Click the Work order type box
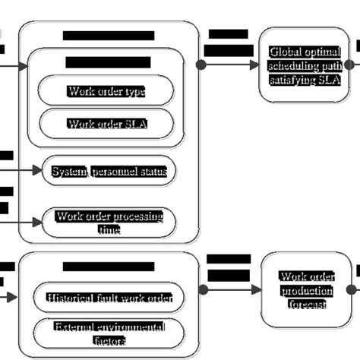click(106, 91)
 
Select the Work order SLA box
click(106, 123)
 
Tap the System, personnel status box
click(109, 172)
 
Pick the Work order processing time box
click(109, 223)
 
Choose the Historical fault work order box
click(109, 298)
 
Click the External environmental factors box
click(109, 332)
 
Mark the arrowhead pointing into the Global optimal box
click(254, 65)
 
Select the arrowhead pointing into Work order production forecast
click(256, 289)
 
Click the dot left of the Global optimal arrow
click(201, 65)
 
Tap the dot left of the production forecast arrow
click(203, 289)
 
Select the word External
click(74, 327)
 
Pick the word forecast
click(307, 304)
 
